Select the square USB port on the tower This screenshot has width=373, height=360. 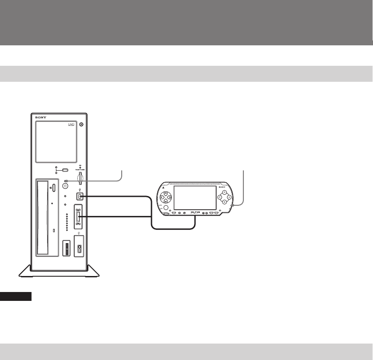(x=80, y=196)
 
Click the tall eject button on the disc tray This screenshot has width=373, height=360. (x=53, y=187)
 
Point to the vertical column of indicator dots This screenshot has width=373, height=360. (x=67, y=222)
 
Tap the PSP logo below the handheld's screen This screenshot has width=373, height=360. (x=196, y=213)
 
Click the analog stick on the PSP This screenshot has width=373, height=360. (x=166, y=208)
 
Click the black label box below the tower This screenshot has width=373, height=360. (x=16, y=296)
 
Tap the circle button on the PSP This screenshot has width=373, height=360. (x=230, y=196)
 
